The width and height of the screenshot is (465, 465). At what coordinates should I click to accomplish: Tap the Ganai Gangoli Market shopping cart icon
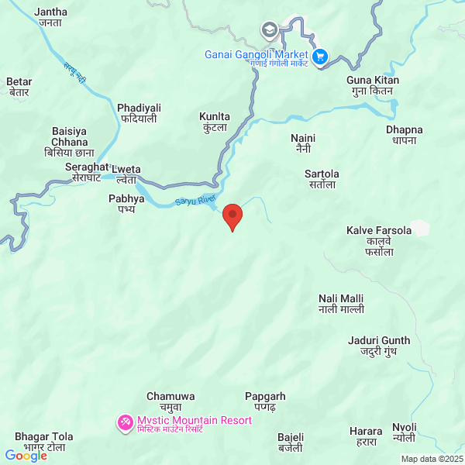pyautogui.click(x=319, y=56)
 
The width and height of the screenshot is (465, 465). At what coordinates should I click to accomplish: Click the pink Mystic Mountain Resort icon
pyautogui.click(x=125, y=422)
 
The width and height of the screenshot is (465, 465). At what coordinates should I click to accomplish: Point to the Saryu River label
pyautogui.click(x=195, y=201)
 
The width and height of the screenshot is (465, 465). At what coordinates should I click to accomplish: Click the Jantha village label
pyautogui.click(x=51, y=17)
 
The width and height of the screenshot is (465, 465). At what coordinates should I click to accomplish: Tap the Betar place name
pyautogui.click(x=19, y=86)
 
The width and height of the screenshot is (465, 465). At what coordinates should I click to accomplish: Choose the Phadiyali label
pyautogui.click(x=139, y=113)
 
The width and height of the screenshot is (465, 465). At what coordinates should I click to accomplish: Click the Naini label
pyautogui.click(x=303, y=143)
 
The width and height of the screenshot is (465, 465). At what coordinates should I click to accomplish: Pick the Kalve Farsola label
pyautogui.click(x=377, y=236)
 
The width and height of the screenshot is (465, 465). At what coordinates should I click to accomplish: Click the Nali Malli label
pyautogui.click(x=341, y=304)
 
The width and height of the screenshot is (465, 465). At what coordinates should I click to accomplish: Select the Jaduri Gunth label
pyautogui.click(x=379, y=346)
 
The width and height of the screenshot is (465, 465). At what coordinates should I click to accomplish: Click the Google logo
pyautogui.click(x=26, y=456)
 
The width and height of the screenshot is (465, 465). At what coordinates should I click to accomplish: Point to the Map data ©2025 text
pyautogui.click(x=431, y=459)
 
